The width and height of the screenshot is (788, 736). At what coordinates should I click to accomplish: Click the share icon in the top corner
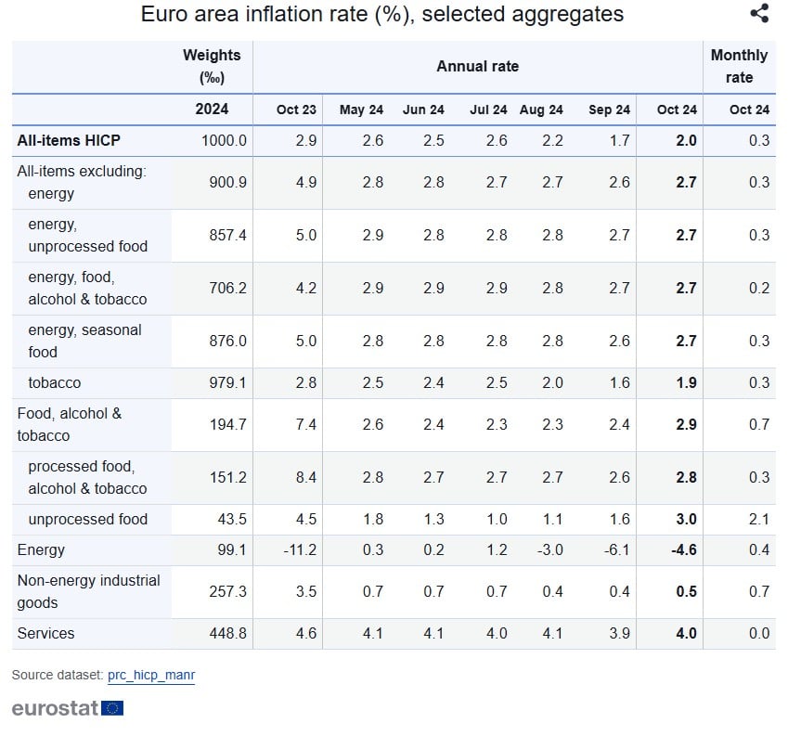click(x=759, y=14)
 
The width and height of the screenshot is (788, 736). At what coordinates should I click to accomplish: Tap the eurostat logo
click(x=67, y=708)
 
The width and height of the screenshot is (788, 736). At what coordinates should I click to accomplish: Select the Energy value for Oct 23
click(x=299, y=550)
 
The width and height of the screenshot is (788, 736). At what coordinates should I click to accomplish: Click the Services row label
click(x=46, y=634)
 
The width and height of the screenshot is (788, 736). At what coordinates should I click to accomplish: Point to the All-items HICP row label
click(x=69, y=140)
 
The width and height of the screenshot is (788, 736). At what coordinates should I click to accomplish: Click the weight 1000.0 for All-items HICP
click(x=224, y=140)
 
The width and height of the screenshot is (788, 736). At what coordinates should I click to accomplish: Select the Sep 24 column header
click(x=609, y=110)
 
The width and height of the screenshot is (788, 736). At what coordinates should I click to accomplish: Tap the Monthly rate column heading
click(x=739, y=66)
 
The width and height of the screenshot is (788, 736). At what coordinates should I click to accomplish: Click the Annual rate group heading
click(x=477, y=66)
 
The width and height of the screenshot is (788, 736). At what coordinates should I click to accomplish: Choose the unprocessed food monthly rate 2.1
click(x=758, y=520)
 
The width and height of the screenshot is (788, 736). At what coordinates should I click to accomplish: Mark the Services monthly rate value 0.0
click(x=758, y=634)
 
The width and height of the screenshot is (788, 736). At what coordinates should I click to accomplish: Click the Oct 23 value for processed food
click(x=305, y=477)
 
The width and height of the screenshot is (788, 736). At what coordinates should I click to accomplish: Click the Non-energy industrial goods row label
click(x=89, y=591)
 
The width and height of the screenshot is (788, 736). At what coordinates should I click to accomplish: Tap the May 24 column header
click(x=361, y=110)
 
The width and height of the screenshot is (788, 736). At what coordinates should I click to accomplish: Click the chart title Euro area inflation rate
click(x=381, y=15)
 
